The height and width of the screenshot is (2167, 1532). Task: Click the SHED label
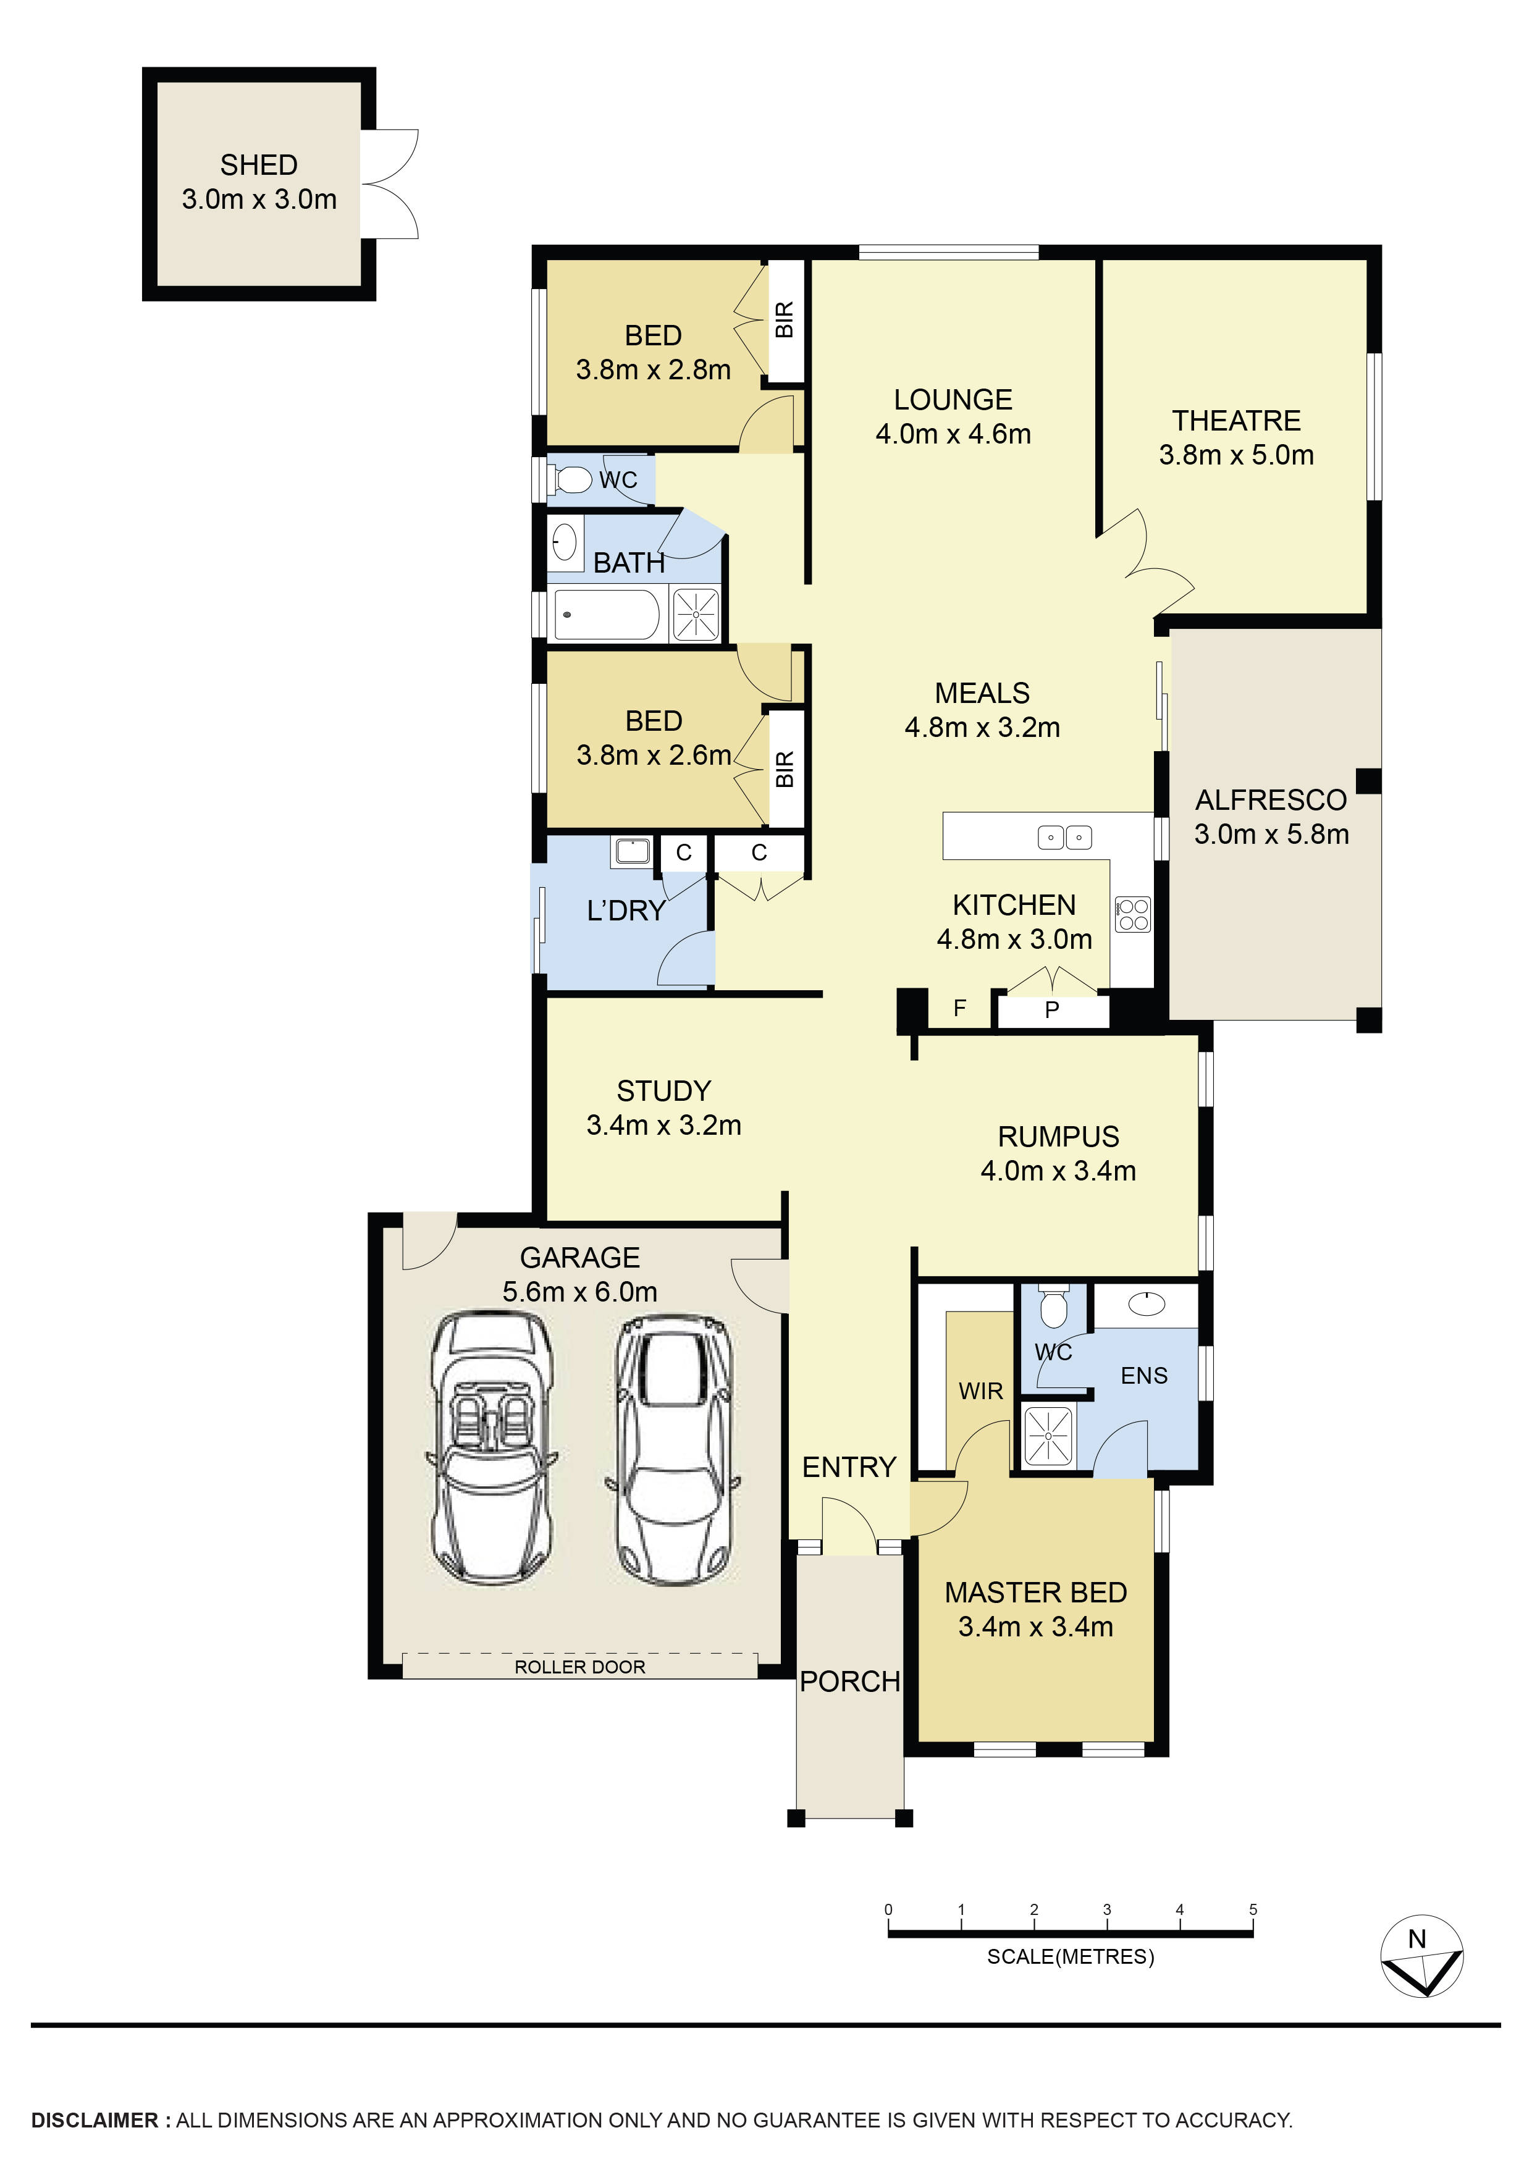click(259, 165)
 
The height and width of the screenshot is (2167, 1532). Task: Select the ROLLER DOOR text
click(579, 1667)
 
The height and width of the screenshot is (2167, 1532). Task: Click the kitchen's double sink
click(1065, 837)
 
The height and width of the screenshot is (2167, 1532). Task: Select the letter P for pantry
click(1051, 1011)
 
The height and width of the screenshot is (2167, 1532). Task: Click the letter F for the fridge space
click(960, 1008)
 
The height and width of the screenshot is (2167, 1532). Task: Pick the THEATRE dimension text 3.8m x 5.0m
click(1235, 455)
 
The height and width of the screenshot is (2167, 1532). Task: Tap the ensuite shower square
click(1048, 1436)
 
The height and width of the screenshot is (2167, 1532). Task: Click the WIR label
click(980, 1391)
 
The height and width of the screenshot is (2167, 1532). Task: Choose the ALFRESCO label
click(1271, 801)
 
